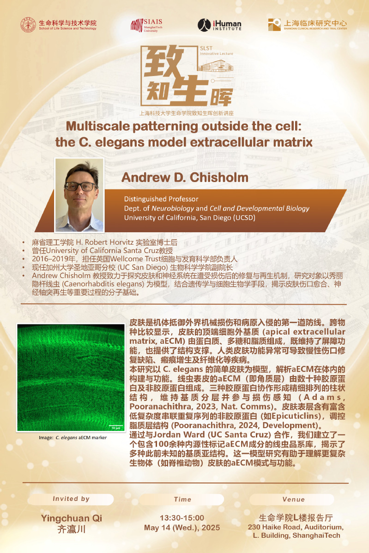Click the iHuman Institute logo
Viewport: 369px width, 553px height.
pyautogui.click(x=219, y=25)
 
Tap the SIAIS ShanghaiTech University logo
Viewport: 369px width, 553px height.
pyautogui.click(x=146, y=25)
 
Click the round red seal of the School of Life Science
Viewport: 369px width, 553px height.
pyautogui.click(x=28, y=25)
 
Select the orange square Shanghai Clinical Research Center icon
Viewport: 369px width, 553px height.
pyautogui.click(x=274, y=25)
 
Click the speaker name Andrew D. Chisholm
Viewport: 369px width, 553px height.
pyautogui.click(x=185, y=177)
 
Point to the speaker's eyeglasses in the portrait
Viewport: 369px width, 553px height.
pyautogui.click(x=80, y=186)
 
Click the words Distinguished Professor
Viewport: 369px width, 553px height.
pyautogui.click(x=161, y=199)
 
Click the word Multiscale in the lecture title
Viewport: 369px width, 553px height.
pyautogui.click(x=98, y=126)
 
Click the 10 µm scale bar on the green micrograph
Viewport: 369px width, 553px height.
pyautogui.click(x=116, y=425)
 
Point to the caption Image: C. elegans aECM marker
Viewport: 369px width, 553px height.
pyautogui.click(x=73, y=437)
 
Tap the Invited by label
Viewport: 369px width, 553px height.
pyautogui.click(x=71, y=499)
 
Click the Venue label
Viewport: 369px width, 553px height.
pyautogui.click(x=294, y=499)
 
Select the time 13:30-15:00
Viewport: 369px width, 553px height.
pyautogui.click(x=182, y=518)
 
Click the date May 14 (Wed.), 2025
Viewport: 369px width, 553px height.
pyautogui.click(x=182, y=528)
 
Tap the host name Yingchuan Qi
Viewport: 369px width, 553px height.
pyautogui.click(x=72, y=518)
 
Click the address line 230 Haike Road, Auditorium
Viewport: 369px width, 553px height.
pyautogui.click(x=296, y=527)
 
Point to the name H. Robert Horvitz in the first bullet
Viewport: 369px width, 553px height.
pyautogui.click(x=104, y=242)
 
